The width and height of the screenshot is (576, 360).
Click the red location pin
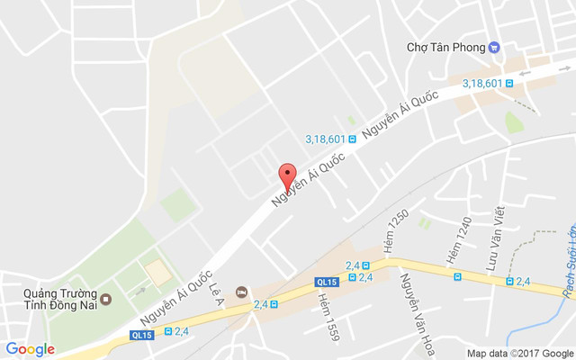(x=287, y=175)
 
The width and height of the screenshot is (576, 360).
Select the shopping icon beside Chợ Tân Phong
(x=494, y=47)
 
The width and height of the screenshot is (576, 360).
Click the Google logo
(x=31, y=349)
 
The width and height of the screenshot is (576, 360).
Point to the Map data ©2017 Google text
(x=519, y=353)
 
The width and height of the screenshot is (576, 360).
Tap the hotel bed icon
(x=240, y=292)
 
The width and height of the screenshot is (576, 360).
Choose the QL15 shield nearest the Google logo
(x=141, y=334)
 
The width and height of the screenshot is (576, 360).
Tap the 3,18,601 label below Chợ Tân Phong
(x=482, y=83)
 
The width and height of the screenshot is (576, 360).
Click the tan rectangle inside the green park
(x=157, y=269)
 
